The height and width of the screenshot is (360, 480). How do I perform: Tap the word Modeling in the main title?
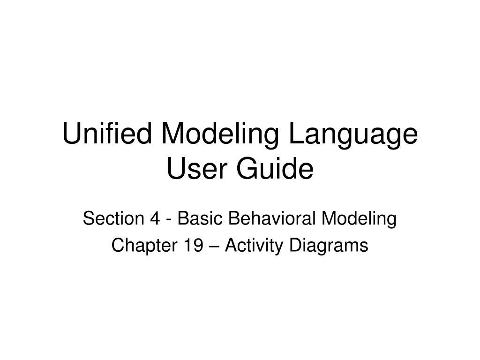(221, 135)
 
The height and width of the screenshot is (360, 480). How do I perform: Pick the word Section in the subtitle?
(109, 218)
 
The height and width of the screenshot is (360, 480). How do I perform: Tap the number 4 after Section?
(154, 218)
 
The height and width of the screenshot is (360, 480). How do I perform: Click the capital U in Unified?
(71, 134)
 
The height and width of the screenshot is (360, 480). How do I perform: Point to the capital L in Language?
(296, 134)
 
